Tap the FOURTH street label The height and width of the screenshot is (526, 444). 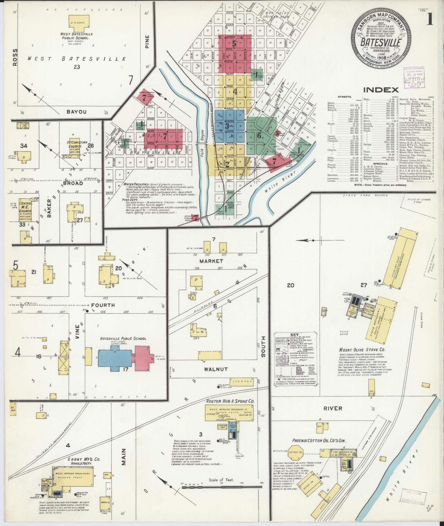tap(103, 305)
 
